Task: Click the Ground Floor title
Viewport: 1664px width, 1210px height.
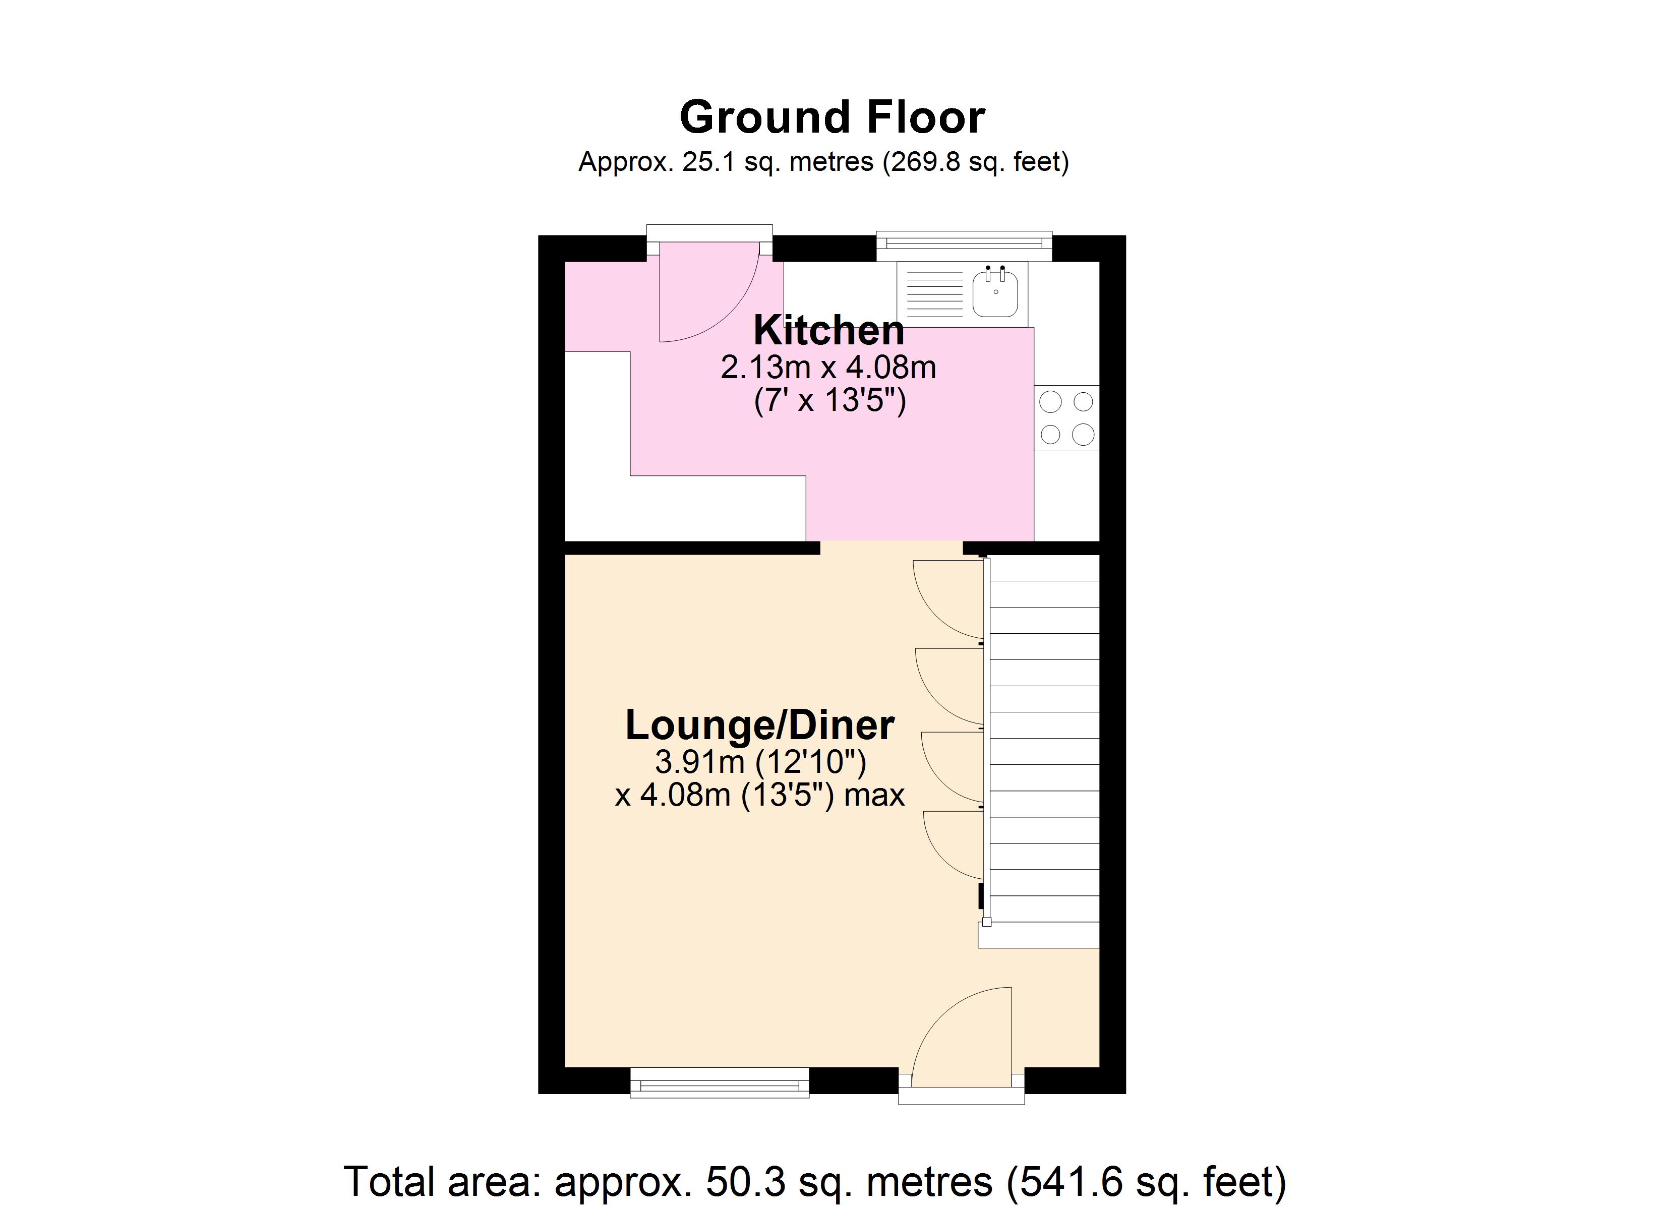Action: click(831, 117)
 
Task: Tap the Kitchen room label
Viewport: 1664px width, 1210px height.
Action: click(828, 331)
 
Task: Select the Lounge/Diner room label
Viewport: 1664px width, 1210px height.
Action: click(759, 725)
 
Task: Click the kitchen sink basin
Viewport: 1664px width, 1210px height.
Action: click(995, 293)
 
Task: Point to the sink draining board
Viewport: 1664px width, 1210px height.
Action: click(933, 293)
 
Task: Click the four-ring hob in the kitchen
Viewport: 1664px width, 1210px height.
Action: click(1067, 418)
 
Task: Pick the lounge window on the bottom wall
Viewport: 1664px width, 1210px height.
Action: click(720, 1082)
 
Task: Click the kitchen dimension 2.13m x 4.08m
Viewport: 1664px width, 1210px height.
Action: click(828, 368)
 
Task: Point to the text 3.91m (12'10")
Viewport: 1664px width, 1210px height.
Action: click(760, 762)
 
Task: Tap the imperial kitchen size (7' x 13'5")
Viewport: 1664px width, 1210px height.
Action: click(830, 401)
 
